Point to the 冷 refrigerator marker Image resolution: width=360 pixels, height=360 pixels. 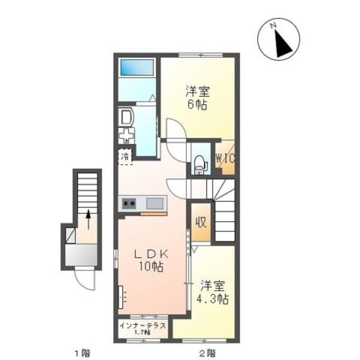click(x=125, y=156)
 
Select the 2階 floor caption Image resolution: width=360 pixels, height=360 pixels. click(x=206, y=353)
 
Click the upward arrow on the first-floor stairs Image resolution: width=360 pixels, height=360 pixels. click(x=88, y=218)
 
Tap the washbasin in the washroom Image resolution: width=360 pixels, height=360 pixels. click(x=125, y=116)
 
